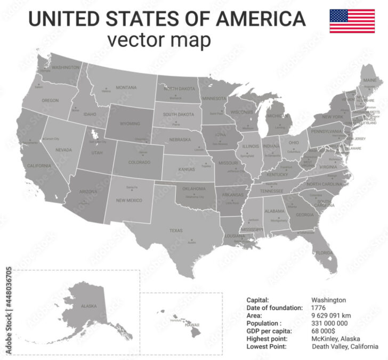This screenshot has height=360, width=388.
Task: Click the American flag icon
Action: tap(352, 21)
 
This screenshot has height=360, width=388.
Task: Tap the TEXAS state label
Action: tap(176, 231)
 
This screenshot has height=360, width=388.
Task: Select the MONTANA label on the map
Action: tap(126, 87)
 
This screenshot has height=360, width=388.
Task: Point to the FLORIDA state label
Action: tap(324, 253)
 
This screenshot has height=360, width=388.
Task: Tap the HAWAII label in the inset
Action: tap(192, 325)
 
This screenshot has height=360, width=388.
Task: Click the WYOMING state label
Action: tap(130, 124)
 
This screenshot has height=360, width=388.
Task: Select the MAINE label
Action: tap(369, 80)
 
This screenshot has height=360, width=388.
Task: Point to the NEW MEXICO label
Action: tap(128, 200)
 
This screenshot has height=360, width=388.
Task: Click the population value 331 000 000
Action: tap(329, 323)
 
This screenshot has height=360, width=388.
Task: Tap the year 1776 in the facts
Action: tap(319, 308)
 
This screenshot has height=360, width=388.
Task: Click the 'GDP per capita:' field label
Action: tap(269, 331)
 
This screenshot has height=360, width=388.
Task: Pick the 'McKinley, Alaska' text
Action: tap(335, 339)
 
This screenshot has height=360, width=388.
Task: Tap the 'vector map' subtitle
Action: tap(158, 40)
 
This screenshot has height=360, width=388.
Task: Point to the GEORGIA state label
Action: tap(305, 215)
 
